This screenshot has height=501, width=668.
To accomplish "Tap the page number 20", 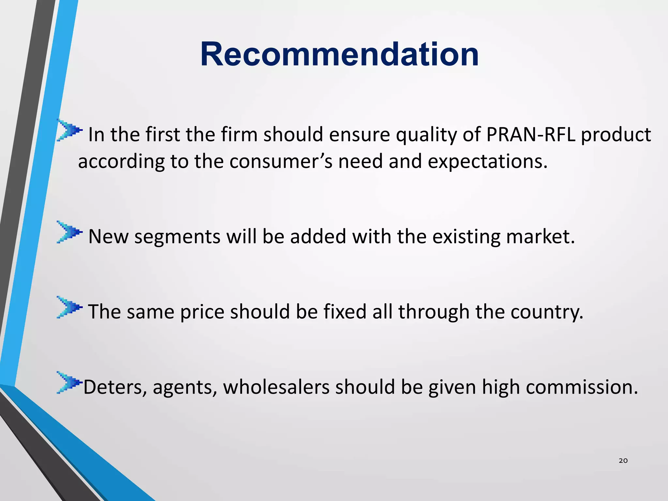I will (623, 461).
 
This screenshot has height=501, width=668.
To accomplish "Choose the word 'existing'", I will (466, 237).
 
